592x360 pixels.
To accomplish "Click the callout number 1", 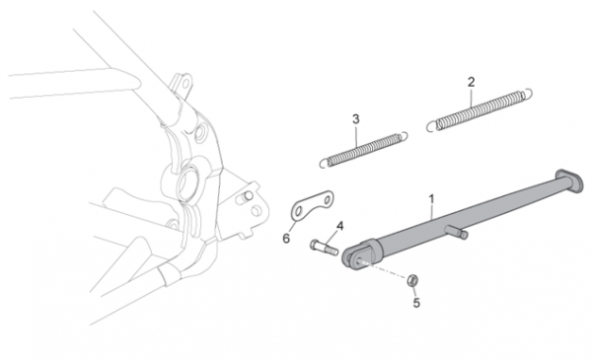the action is pyautogui.click(x=431, y=199).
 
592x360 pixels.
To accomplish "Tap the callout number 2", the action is pyautogui.click(x=472, y=82).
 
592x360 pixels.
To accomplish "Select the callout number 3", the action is pyautogui.click(x=355, y=119).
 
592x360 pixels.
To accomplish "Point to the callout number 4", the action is pyautogui.click(x=339, y=226).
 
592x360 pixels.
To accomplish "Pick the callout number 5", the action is pyautogui.click(x=416, y=303).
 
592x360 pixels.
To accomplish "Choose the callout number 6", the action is pyautogui.click(x=286, y=239).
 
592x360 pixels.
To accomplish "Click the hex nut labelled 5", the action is pyautogui.click(x=411, y=280).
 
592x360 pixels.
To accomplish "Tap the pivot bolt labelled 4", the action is pyautogui.click(x=324, y=248).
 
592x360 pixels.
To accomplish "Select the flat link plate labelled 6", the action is pyautogui.click(x=312, y=206).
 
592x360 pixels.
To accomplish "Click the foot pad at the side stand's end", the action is pyautogui.click(x=568, y=181).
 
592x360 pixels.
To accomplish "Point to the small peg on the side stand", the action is pyautogui.click(x=457, y=232).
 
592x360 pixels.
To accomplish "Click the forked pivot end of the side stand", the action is pyautogui.click(x=358, y=255).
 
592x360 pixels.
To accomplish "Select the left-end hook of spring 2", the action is pyautogui.click(x=431, y=125).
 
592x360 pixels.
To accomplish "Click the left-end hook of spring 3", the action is pyautogui.click(x=324, y=163).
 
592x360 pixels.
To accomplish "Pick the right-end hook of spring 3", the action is pyautogui.click(x=404, y=136).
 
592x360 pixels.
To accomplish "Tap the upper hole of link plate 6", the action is pyautogui.click(x=328, y=198).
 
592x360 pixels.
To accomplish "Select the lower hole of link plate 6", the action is pyautogui.click(x=298, y=211).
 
